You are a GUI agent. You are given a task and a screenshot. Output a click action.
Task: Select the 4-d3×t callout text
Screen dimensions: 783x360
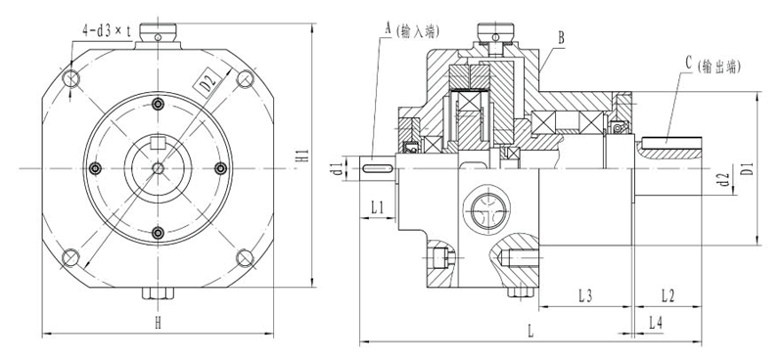(107, 32)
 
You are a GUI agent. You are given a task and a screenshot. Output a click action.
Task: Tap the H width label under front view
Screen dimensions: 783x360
(158, 324)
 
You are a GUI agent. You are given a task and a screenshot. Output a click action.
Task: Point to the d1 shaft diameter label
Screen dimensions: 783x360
(338, 167)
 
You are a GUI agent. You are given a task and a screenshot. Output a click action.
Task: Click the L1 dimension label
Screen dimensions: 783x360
(378, 207)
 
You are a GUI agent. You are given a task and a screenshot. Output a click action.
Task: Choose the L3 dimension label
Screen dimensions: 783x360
(585, 296)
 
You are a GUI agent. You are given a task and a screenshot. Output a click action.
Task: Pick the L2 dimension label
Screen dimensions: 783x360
(668, 296)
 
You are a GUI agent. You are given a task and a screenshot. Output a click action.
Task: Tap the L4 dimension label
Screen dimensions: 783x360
(656, 323)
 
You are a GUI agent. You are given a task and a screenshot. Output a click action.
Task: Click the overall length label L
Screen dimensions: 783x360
(530, 332)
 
